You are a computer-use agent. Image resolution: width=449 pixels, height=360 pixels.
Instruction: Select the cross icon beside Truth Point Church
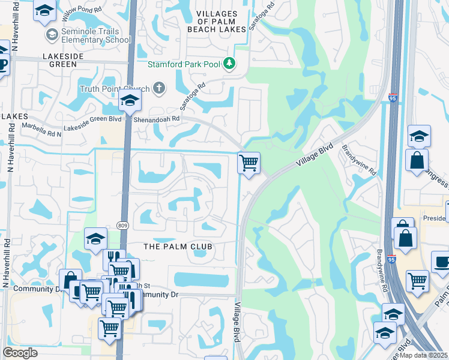(x=159, y=89)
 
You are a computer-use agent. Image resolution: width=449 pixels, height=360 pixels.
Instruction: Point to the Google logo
(x=20, y=353)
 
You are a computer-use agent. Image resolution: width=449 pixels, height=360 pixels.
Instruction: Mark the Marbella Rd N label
(x=41, y=127)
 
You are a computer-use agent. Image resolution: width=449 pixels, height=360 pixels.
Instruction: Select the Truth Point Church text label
(x=114, y=89)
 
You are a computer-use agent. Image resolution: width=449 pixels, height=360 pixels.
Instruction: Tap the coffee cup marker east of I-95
(x=442, y=262)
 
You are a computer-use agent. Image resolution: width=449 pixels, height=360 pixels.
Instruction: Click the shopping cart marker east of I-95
(x=417, y=280)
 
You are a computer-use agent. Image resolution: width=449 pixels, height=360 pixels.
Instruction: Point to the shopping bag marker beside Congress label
(x=417, y=161)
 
